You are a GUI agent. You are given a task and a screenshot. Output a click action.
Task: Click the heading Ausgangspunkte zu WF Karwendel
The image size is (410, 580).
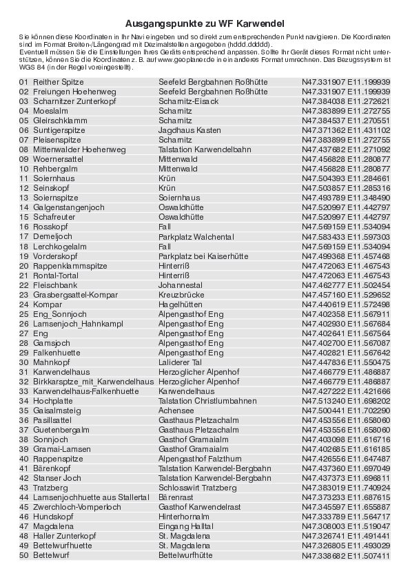205,23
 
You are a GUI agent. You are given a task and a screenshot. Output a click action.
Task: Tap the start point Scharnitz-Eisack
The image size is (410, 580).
188,101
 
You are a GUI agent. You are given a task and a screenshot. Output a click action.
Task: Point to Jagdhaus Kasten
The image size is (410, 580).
189,130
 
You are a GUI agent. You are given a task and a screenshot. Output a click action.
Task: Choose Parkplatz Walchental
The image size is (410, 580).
194,236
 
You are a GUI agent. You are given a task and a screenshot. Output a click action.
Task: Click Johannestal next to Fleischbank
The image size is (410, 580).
180,284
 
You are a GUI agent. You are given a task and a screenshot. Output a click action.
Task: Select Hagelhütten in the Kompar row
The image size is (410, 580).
181,304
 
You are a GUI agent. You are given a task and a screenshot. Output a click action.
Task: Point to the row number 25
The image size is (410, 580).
23,313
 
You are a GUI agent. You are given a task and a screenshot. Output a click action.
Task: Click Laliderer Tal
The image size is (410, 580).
180,362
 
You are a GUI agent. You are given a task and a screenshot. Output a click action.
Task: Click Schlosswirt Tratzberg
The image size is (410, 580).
198,487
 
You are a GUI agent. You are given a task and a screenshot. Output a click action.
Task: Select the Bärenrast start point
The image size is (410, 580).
176,497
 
